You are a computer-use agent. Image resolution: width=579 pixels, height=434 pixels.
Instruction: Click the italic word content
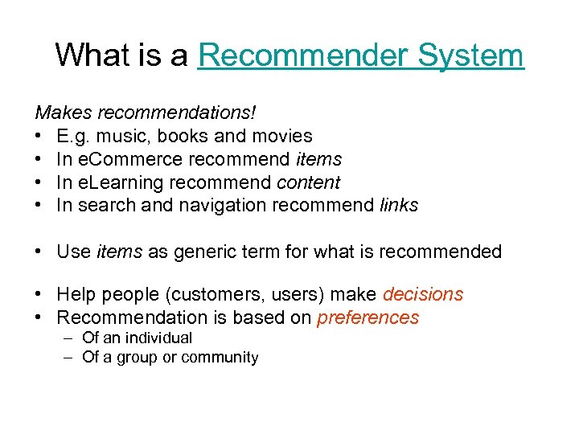pyautogui.click(x=308, y=182)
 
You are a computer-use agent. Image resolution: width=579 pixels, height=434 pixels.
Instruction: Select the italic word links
pyautogui.click(x=399, y=205)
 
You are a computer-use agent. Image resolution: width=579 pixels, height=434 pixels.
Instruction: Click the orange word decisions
pyautogui.click(x=423, y=294)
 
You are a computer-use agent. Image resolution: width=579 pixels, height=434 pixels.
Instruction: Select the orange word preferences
pyautogui.click(x=368, y=317)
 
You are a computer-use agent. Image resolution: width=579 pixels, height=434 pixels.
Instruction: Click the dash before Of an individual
pyautogui.click(x=69, y=338)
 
